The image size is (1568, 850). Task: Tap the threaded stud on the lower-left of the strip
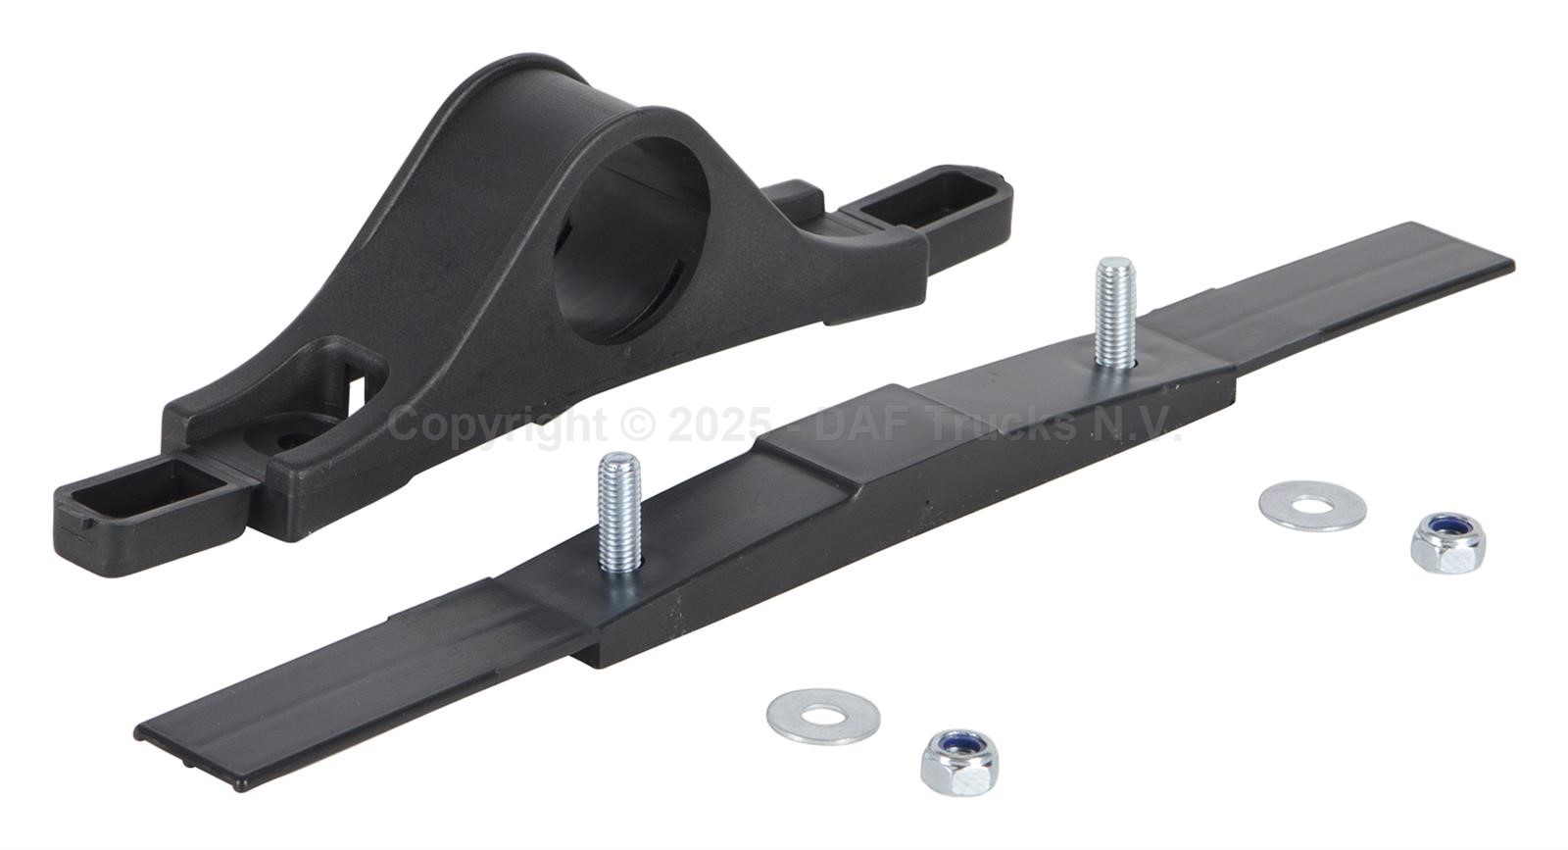point(618,515)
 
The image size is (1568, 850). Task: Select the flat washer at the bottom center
point(823,716)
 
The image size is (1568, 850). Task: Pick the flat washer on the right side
point(1312,505)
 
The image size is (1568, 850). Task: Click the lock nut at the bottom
point(959,762)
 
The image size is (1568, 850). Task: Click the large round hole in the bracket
point(630,238)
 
